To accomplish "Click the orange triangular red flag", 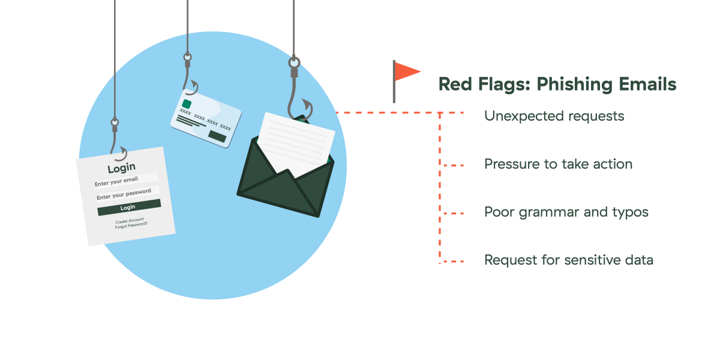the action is (x=406, y=71).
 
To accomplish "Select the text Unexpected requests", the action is (x=554, y=116).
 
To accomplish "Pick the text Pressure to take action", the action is (x=559, y=164).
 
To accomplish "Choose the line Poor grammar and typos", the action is (x=566, y=212).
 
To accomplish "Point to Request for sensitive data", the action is (x=569, y=260).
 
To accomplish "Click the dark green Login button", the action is (x=129, y=208).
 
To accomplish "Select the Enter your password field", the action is (x=127, y=193).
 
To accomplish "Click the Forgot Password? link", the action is (x=131, y=226).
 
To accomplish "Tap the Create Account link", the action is (x=130, y=221).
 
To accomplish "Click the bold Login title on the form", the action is (x=121, y=168).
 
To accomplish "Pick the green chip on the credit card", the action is (x=187, y=104).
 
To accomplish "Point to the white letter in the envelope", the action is (x=296, y=144).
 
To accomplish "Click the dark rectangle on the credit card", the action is (x=217, y=136).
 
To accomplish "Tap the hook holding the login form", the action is (x=117, y=141).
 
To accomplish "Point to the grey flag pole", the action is (x=394, y=82).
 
